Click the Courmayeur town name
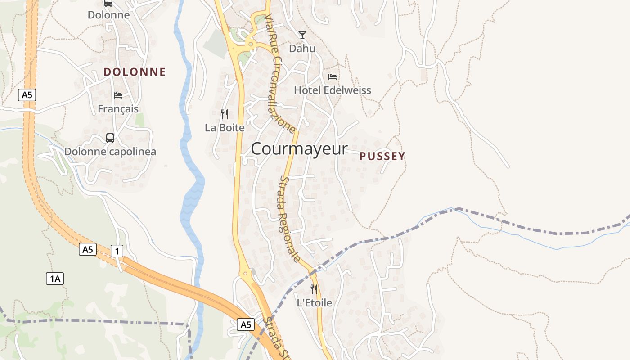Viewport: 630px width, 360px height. pos(299,149)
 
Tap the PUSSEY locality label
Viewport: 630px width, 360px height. pos(382,156)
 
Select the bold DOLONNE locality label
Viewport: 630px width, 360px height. pos(135,72)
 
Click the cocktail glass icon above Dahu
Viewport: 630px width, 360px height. pos(302,35)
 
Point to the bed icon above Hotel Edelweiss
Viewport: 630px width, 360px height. pos(333,76)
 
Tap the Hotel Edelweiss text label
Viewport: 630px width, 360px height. pos(333,90)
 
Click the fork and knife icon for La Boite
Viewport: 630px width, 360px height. pos(225,114)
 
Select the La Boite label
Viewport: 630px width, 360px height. pos(225,128)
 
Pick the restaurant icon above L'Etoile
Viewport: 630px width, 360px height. pos(314,289)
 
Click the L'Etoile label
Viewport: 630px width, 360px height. pos(314,303)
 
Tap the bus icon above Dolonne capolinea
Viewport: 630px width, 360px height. pos(110,138)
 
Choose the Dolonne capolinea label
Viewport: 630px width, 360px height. pos(110,152)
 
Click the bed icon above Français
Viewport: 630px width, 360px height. pos(118,95)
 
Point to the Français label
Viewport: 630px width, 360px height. pos(118,109)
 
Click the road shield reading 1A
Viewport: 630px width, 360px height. pos(55,279)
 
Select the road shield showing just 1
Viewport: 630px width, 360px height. pos(117,251)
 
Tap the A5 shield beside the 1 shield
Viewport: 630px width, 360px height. pos(88,249)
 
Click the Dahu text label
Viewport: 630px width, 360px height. pos(302,49)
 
